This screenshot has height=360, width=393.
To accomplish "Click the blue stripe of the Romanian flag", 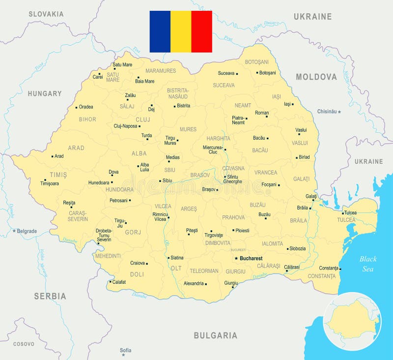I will point(160,31).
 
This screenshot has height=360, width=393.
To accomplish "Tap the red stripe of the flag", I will point(201,31).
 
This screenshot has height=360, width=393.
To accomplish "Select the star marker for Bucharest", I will point(236,258).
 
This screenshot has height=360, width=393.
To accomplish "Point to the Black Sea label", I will point(367,264).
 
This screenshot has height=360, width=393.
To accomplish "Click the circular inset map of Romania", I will point(352,321).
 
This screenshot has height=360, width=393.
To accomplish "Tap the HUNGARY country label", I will point(45,93).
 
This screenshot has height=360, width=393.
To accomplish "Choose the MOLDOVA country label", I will point(316,77).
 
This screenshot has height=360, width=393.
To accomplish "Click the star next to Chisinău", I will point(339,112).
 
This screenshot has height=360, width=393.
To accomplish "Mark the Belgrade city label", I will point(27,231).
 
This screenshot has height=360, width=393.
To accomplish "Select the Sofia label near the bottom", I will point(126,350).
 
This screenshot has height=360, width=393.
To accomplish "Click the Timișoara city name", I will point(50,183).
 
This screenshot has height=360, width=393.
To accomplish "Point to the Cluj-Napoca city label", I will point(125,126).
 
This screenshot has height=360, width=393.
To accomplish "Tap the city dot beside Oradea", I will point(76,107).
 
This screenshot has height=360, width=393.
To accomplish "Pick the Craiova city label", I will point(138,263).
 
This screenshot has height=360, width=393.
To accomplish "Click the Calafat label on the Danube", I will point(119,282).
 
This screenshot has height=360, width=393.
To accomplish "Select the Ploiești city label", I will point(242,230).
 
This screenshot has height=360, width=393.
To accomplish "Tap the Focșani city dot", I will point(279,185).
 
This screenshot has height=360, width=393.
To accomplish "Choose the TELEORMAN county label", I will point(204,271).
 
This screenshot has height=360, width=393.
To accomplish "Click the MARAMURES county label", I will point(161,71).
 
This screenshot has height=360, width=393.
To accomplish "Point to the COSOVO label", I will point(24,344).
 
